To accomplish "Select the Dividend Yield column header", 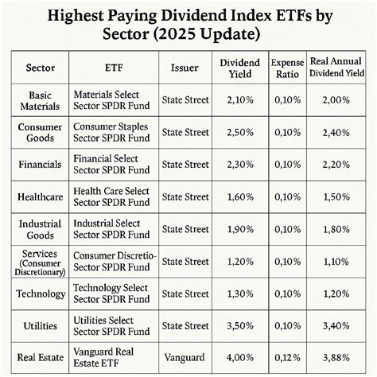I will (x=239, y=68).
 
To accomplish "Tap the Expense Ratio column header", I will (x=287, y=68).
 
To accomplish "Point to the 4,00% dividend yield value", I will (x=239, y=358).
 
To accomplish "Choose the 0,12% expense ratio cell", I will (x=287, y=358).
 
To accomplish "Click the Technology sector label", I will (x=40, y=293).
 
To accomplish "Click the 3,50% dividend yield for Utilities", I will (x=239, y=325).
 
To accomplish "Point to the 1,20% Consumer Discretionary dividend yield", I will (x=239, y=260).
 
